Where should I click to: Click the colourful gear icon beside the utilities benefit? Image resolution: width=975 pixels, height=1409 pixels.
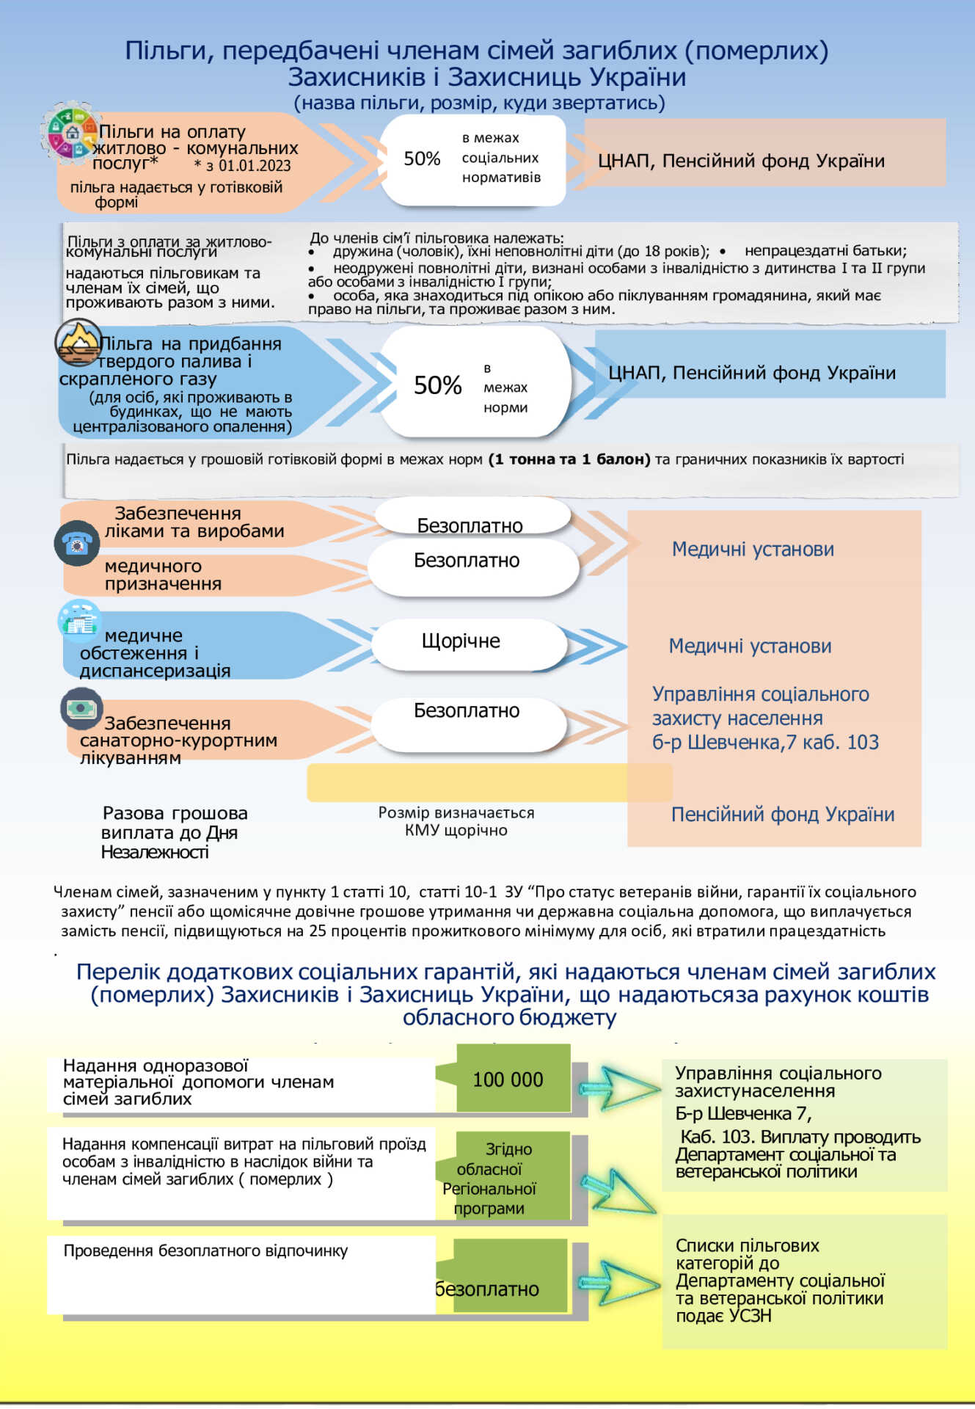tap(71, 133)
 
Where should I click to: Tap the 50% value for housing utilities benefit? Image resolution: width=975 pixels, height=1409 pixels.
tap(422, 159)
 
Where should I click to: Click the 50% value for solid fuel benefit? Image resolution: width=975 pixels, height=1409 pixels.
tap(437, 385)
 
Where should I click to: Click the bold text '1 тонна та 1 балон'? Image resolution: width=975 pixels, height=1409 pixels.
tap(569, 459)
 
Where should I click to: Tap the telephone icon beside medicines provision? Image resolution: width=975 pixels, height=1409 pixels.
tap(77, 543)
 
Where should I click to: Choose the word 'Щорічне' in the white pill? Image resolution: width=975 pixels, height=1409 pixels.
tap(461, 641)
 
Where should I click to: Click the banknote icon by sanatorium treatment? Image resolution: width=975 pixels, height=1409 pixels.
tap(81, 708)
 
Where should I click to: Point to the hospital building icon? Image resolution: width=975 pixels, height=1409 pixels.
tap(79, 619)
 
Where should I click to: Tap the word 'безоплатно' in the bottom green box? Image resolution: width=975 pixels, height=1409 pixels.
tap(487, 1289)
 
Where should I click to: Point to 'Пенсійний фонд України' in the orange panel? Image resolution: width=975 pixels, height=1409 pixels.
tap(782, 815)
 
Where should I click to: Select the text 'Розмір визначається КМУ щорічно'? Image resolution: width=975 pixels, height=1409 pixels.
tap(456, 821)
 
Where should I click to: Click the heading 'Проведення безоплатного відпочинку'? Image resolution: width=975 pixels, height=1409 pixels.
tap(205, 1250)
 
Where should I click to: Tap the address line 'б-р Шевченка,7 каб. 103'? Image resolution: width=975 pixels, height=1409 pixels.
tap(765, 742)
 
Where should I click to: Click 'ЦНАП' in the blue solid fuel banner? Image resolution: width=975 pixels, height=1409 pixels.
tap(634, 373)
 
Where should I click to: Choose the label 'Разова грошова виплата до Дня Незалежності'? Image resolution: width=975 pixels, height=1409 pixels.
tap(174, 832)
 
